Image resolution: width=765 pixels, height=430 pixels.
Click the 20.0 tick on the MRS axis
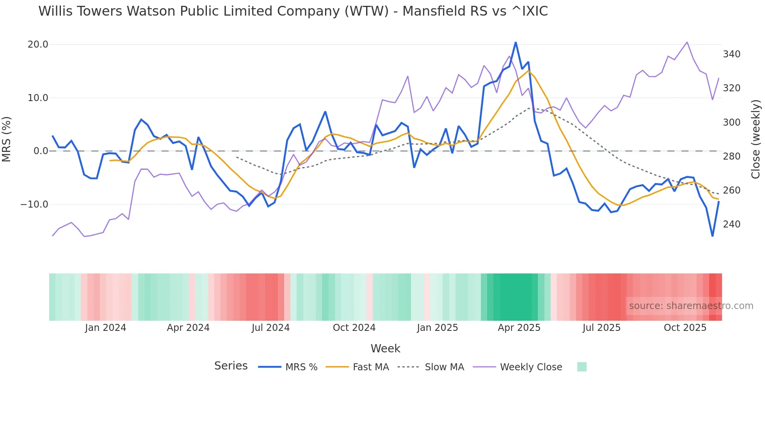pyautogui.click(x=38, y=44)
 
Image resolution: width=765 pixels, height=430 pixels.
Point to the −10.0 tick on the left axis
pyautogui.click(x=34, y=204)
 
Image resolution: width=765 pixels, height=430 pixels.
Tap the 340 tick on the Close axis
pyautogui.click(x=731, y=54)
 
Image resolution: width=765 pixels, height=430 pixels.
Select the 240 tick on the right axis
pyautogui.click(x=731, y=224)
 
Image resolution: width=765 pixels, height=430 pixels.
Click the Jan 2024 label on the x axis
pyautogui.click(x=105, y=328)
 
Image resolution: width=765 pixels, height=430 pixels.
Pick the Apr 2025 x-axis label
pyautogui.click(x=519, y=328)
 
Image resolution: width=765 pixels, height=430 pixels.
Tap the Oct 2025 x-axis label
pyautogui.click(x=685, y=328)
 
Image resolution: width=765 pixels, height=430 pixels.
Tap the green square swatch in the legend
pyautogui.click(x=582, y=367)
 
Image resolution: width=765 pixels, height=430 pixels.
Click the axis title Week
pyautogui.click(x=385, y=348)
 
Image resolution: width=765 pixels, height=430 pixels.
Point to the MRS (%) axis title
pyautogui.click(x=7, y=139)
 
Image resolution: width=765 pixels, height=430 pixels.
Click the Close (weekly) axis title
pyautogui.click(x=756, y=139)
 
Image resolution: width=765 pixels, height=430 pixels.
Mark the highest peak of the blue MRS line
pyautogui.click(x=516, y=42)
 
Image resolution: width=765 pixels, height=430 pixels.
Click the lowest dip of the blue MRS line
pyautogui.click(x=712, y=236)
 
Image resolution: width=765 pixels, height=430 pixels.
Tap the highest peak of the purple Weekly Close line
pyautogui.click(x=687, y=42)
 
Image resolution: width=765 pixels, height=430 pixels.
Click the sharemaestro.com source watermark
pyautogui.click(x=691, y=306)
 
